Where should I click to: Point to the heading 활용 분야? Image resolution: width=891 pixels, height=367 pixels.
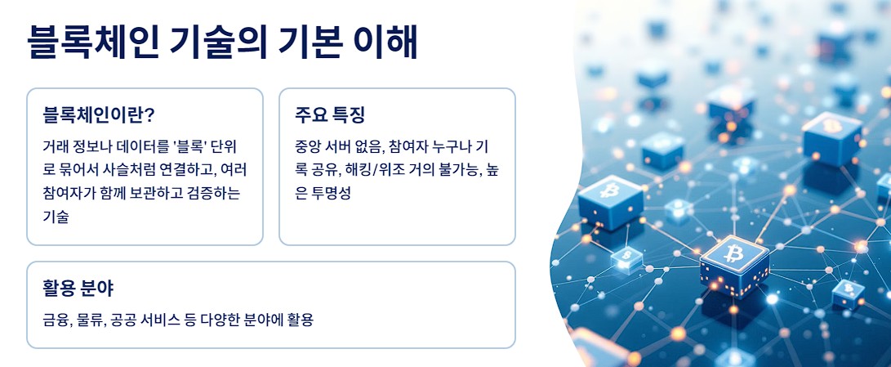point(78,288)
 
